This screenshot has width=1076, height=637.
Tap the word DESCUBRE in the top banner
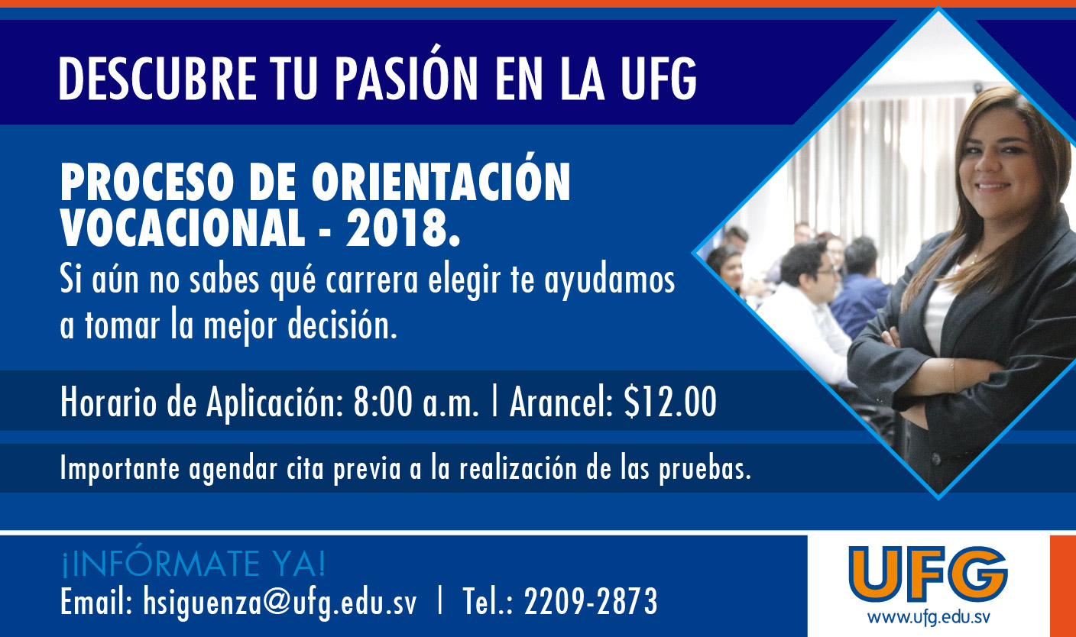coord(157,78)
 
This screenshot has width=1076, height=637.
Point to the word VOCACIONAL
coord(183,228)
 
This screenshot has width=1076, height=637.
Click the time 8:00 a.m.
coord(416,403)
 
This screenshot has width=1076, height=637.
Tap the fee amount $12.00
coord(670,403)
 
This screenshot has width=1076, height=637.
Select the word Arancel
coord(561,403)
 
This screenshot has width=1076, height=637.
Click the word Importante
coord(120,468)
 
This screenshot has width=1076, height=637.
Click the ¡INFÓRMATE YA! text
coord(193,564)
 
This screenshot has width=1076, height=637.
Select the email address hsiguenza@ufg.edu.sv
coord(280,601)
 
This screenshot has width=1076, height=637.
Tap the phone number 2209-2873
coord(591,601)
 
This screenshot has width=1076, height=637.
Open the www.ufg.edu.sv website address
coord(928,617)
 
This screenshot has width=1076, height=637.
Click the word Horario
coord(109,403)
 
